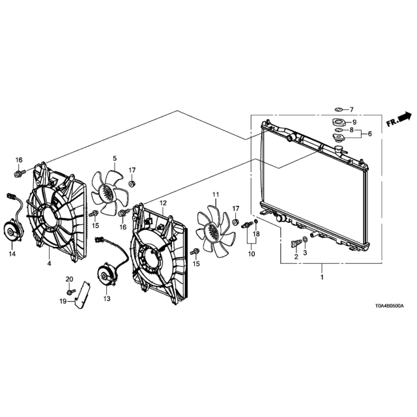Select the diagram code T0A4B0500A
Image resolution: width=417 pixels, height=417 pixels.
(390, 306)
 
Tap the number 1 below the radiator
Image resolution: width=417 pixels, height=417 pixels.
(322, 277)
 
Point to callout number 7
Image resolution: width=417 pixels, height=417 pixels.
(351, 109)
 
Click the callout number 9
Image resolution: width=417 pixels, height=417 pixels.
(354, 122)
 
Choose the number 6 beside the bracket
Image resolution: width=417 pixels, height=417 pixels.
(369, 134)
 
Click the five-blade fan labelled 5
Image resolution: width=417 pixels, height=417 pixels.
(109, 193)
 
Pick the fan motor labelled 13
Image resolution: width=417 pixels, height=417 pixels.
(108, 275)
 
